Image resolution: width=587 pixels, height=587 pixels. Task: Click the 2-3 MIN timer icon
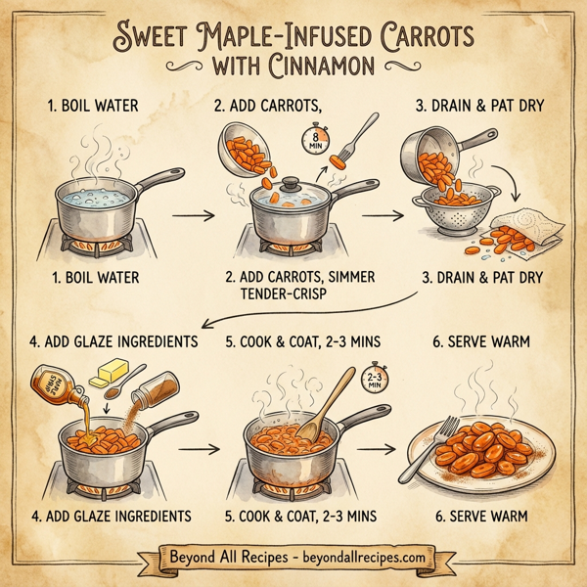pos(374,379)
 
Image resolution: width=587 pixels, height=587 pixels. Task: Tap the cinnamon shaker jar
pos(149,397)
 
